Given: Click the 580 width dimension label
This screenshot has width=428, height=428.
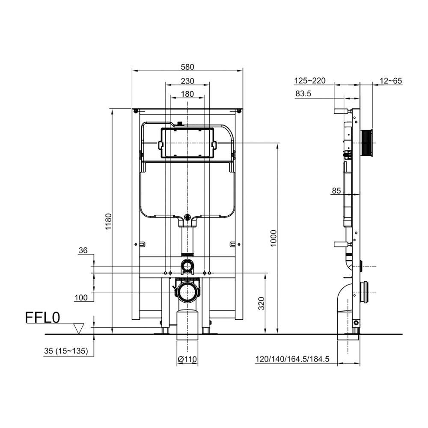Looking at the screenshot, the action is coord(187,67).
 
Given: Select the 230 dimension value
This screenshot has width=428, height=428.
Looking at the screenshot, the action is coord(187,81).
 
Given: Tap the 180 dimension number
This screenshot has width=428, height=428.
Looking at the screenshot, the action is coord(187,94).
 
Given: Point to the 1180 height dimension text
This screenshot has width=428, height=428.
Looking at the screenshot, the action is coord(109,221).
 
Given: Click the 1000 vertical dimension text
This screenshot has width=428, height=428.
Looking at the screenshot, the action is coord(273,238).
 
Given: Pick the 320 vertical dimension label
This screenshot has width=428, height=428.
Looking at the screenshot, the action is coord(262,303).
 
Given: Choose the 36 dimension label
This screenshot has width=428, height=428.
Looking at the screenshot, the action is coord(83,250).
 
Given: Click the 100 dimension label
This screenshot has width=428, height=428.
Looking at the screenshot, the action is coord(81,297).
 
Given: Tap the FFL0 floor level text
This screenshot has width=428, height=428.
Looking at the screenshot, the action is coord(42,318).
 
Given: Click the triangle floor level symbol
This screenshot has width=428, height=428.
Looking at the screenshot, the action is coord(79,328).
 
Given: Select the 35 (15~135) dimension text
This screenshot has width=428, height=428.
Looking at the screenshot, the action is coord(66,351).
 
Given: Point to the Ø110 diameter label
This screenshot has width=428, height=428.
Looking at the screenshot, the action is coord(187,359).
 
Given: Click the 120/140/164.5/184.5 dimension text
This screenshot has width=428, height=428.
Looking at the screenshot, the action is coord(292,359).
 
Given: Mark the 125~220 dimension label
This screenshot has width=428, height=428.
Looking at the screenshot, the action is coord(310,81).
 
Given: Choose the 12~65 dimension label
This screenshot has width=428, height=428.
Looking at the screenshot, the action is coord(391,81).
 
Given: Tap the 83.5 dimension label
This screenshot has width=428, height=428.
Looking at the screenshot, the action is coord(303,94).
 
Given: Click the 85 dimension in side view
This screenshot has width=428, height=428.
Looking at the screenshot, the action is coord(336,191).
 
